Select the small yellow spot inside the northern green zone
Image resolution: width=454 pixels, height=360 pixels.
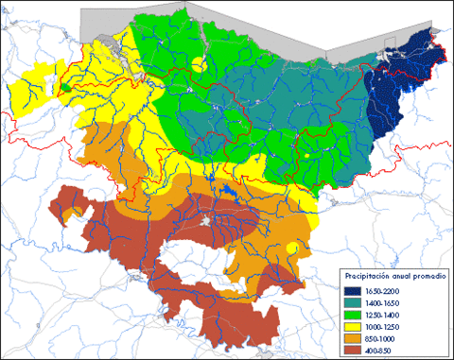197,64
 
